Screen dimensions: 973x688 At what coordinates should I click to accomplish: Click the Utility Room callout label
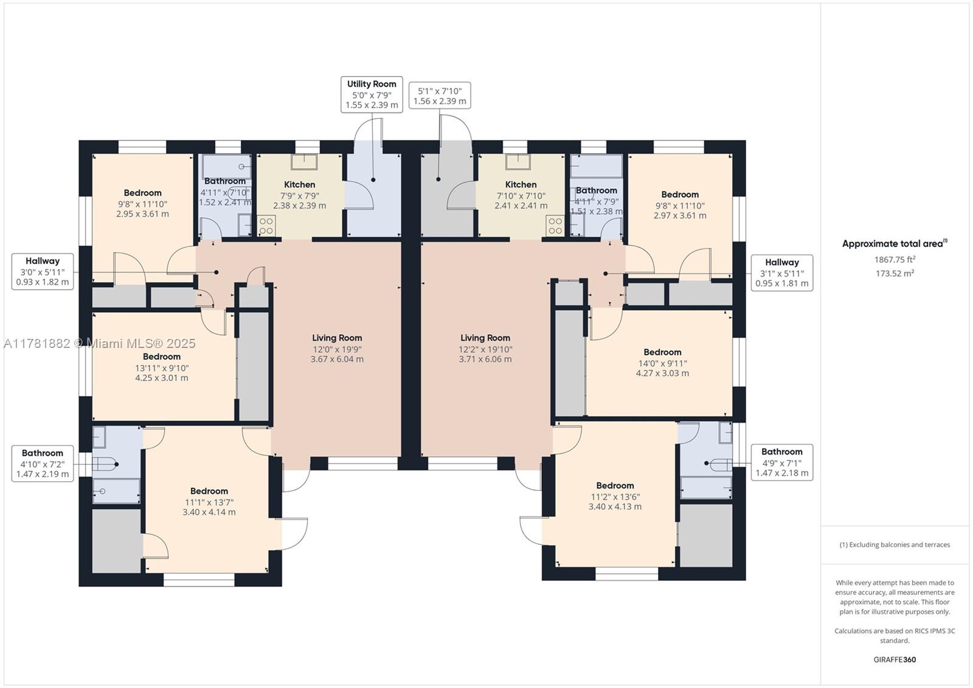(x=372, y=94)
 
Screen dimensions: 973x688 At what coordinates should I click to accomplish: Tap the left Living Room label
(x=337, y=338)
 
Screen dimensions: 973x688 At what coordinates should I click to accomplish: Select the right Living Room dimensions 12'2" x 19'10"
(x=485, y=349)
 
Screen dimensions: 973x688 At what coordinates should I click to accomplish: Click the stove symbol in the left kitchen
(x=266, y=225)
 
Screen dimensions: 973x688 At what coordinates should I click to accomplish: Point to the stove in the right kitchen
(x=555, y=226)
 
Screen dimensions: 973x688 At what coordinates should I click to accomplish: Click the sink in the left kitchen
(x=304, y=162)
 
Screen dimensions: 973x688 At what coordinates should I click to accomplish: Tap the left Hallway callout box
(x=43, y=272)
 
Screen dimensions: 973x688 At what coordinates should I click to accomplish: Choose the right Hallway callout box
(x=782, y=273)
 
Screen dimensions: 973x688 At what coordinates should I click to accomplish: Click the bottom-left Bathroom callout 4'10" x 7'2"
(x=43, y=464)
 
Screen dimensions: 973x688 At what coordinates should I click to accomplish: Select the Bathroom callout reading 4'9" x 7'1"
(x=782, y=462)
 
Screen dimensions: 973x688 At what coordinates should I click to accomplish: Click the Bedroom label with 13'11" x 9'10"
(x=162, y=356)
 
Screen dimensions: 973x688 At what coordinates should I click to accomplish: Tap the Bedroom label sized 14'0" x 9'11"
(x=662, y=352)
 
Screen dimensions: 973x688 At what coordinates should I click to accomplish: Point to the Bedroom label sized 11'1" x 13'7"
(x=209, y=491)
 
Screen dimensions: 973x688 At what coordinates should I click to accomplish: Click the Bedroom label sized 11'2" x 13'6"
(x=615, y=485)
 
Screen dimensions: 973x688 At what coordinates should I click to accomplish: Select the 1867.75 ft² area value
(x=895, y=260)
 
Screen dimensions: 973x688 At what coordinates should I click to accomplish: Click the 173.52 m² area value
(x=895, y=273)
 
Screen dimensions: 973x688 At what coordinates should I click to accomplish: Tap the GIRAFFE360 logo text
(x=895, y=659)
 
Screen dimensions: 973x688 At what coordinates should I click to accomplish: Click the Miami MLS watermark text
(x=100, y=343)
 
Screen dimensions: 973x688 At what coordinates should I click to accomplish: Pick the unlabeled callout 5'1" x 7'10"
(x=440, y=96)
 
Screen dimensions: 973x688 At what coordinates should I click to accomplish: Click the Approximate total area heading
(x=895, y=243)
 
